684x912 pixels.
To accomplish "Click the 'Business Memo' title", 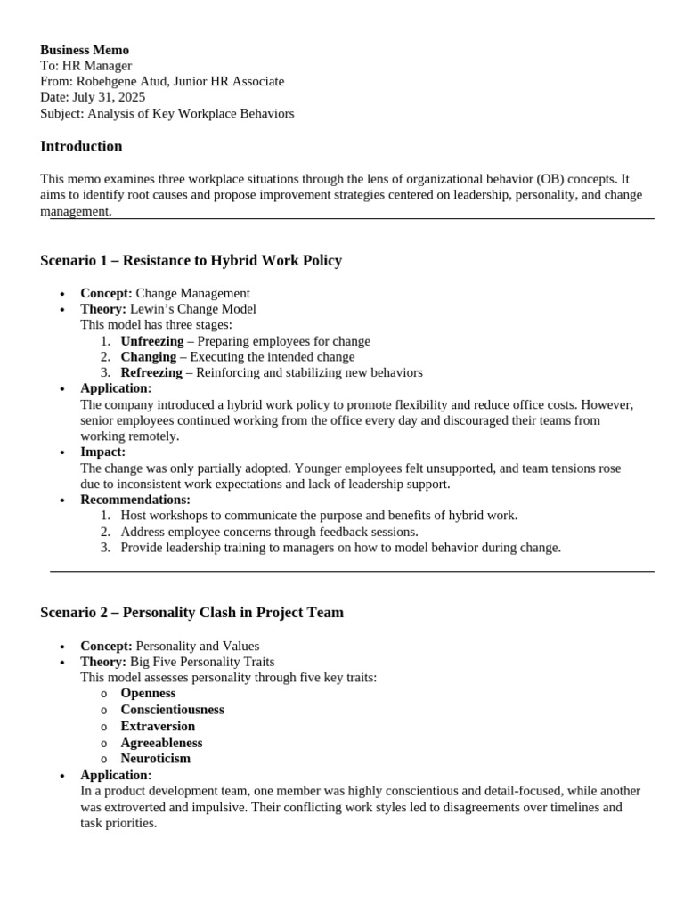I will [x=85, y=50].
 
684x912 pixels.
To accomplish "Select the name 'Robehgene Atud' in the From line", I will [x=118, y=81].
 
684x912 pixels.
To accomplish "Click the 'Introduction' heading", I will [x=81, y=146].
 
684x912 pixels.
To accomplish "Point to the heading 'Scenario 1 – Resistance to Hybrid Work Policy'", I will [x=191, y=260].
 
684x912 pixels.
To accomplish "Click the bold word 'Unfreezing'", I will [x=151, y=341].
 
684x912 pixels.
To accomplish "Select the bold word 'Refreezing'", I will [x=151, y=372].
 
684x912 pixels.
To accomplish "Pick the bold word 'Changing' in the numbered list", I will [x=148, y=356].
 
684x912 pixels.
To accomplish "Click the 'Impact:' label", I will [x=102, y=452].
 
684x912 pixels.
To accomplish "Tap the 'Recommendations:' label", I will [x=135, y=500].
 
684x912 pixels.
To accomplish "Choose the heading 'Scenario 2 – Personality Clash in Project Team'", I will [x=191, y=612].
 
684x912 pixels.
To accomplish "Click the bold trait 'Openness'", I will [x=148, y=693].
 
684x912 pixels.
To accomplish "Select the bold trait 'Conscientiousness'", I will [x=172, y=710].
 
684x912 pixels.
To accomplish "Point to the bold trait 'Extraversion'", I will [x=158, y=726].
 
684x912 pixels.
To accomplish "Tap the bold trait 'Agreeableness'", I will [x=161, y=743].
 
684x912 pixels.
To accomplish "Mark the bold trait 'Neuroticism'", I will [x=155, y=759].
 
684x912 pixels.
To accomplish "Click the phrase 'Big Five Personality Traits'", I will [x=202, y=662].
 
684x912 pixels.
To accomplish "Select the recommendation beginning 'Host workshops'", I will [x=318, y=516].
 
